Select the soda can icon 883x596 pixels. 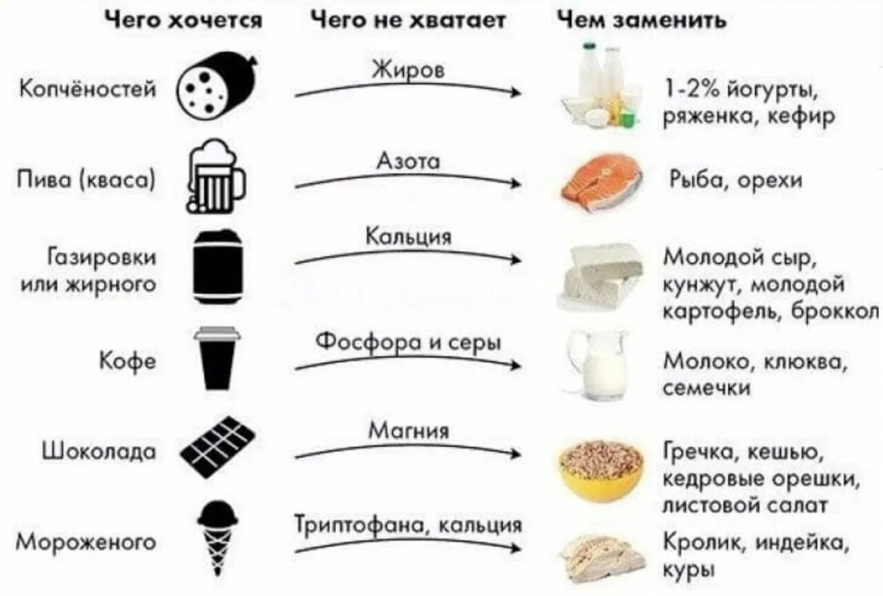click(217, 267)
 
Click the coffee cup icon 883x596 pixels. click(217, 359)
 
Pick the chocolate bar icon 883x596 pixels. click(217, 447)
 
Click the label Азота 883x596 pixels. click(408, 161)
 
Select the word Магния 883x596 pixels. click(408, 431)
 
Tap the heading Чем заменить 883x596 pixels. click(642, 20)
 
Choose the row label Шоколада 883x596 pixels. click(99, 451)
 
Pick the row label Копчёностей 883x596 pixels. click(88, 89)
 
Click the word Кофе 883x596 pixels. click(128, 361)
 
